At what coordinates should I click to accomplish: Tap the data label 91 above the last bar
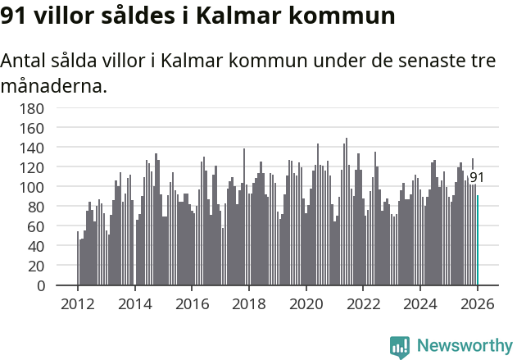(x=477, y=177)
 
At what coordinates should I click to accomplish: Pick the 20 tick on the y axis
(x=36, y=267)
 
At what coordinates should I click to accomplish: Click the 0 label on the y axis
(x=40, y=286)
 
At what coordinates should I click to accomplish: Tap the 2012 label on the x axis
(x=78, y=303)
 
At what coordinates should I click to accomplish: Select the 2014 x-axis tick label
(x=135, y=303)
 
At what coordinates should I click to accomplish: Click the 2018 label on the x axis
(x=249, y=303)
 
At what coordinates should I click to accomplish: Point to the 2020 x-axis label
(x=306, y=303)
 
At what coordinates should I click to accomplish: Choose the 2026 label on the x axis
(x=478, y=303)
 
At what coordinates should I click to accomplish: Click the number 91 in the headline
(x=16, y=16)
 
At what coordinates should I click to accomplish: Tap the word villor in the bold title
(x=68, y=16)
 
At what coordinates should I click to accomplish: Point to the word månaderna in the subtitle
(x=53, y=85)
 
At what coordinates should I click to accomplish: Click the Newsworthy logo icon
(x=400, y=347)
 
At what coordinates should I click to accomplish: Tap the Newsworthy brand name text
(x=464, y=347)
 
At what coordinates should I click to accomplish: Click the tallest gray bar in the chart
(x=346, y=212)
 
